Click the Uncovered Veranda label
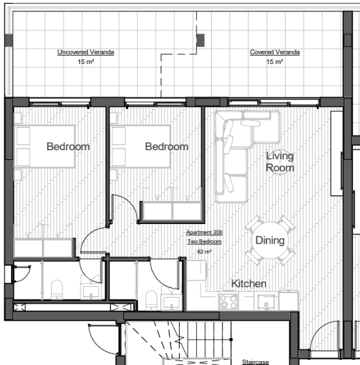coord(86,52)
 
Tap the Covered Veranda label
coord(275,52)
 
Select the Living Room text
coord(280,162)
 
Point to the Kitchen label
coord(249,283)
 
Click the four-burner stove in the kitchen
coord(229,301)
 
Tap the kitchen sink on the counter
coord(266,302)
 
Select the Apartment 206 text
coord(205,232)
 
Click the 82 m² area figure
coord(205,251)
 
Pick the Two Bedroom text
coord(205,242)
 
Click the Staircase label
coord(255,362)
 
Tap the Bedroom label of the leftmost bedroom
coord(68,147)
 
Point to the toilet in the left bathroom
coord(57,289)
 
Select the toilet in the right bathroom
coord(152,300)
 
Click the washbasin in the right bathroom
coord(172,302)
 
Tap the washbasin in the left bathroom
coord(91,291)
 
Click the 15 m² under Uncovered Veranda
coord(86,61)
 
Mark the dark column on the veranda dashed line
coord(201,40)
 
